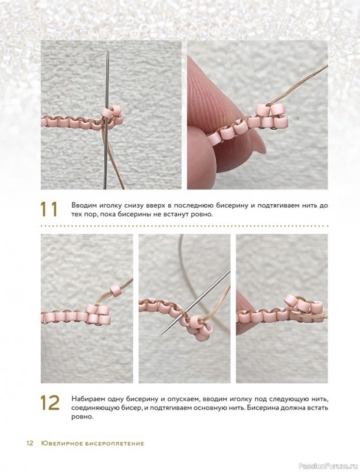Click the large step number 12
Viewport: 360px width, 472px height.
tap(50, 402)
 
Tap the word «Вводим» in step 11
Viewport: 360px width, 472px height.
tap(81, 206)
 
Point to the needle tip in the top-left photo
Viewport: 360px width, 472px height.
tap(107, 50)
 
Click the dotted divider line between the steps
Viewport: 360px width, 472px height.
tap(184, 225)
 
